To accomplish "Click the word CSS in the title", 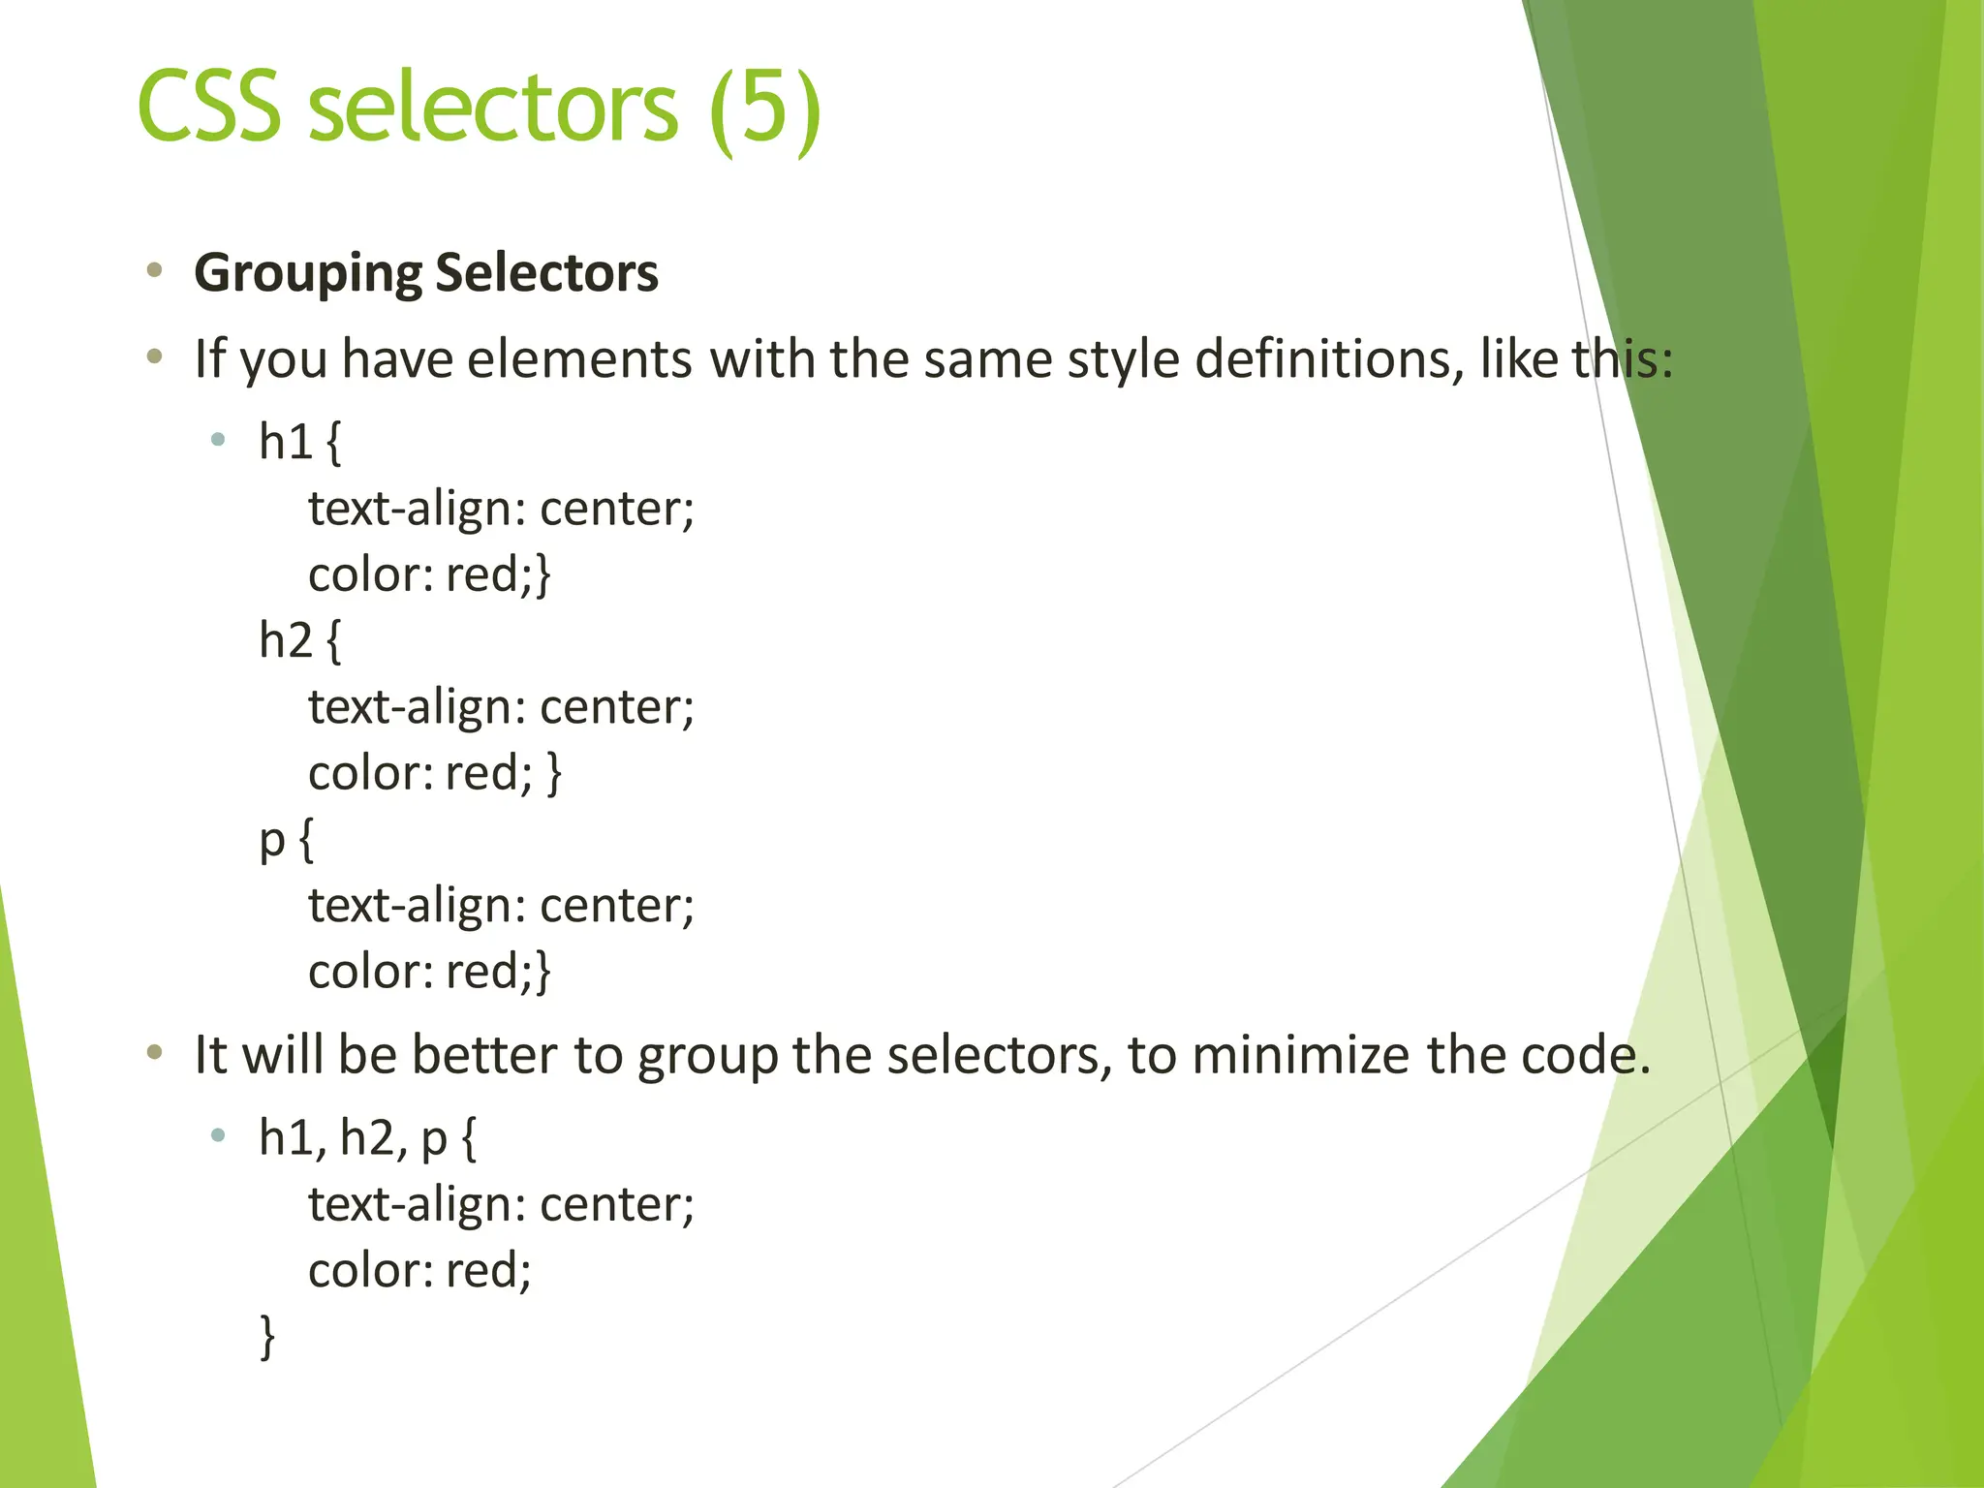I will coord(209,107).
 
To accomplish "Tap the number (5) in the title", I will coord(764,108).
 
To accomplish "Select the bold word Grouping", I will coord(307,273).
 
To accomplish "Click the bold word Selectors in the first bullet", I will coord(546,273).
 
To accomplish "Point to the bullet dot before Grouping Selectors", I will coord(154,271).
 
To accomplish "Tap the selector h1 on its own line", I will coord(286,442).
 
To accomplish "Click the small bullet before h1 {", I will coord(218,440).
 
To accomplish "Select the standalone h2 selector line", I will coord(286,640).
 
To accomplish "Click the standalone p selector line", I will coord(272,841).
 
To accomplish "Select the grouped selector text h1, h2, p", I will coord(353,1137).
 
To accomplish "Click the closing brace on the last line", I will coord(267,1337).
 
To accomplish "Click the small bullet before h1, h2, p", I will coord(218,1135).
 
